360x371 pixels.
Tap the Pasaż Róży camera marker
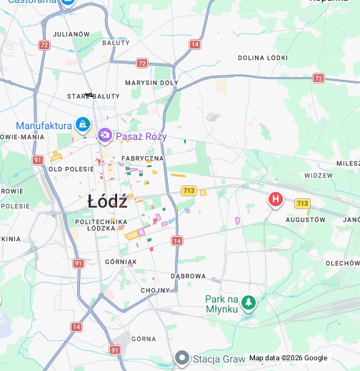(x=105, y=135)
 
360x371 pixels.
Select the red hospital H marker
(x=275, y=200)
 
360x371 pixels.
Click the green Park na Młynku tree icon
(x=248, y=304)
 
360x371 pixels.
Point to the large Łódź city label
(x=107, y=201)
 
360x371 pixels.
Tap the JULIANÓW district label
(x=71, y=34)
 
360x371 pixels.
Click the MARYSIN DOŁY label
(x=151, y=83)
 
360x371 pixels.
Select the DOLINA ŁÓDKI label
(x=263, y=58)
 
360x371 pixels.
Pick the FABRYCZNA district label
(x=142, y=158)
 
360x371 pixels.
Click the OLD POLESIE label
(x=71, y=169)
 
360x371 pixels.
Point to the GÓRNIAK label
(x=121, y=262)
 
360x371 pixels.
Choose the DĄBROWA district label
(x=188, y=276)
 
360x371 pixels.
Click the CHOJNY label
(x=155, y=290)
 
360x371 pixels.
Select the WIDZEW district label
(x=318, y=175)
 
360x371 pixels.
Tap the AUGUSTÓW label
(x=305, y=220)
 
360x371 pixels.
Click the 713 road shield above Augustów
(x=302, y=204)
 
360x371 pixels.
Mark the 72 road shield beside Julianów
(x=45, y=45)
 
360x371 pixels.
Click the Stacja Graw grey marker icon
(x=182, y=357)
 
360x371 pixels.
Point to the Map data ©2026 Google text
(x=288, y=358)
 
